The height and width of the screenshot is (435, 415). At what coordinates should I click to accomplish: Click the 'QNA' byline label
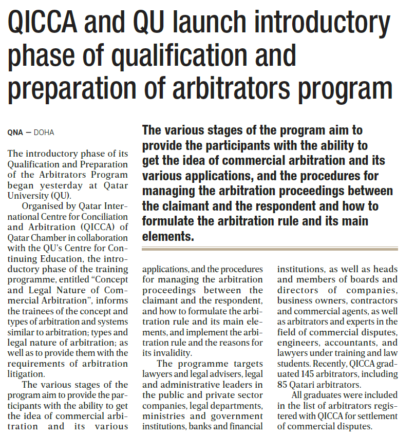(15, 133)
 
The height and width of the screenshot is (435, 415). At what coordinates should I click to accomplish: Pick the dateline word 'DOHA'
(44, 133)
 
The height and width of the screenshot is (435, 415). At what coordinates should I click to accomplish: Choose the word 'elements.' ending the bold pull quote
(168, 237)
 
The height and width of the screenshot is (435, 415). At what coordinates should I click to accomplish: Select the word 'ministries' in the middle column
(163, 415)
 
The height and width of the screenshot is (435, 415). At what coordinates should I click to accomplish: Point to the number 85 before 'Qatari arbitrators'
(283, 384)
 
